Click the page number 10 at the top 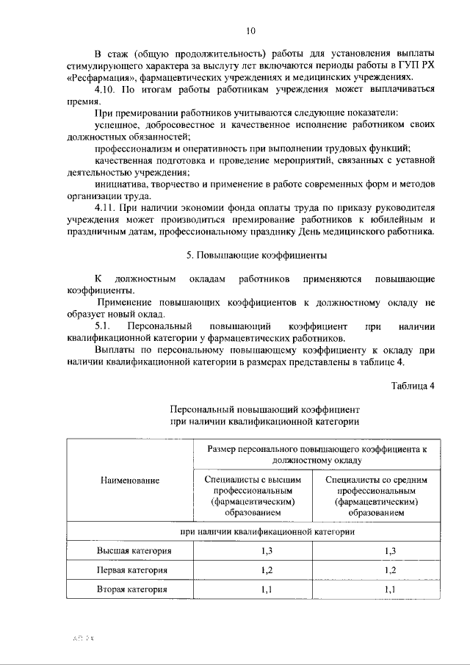pyautogui.click(x=251, y=31)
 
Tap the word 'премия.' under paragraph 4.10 pyautogui.click(x=82, y=102)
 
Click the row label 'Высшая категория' pyautogui.click(x=130, y=550)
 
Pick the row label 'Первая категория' pyautogui.click(x=130, y=570)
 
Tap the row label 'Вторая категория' pyautogui.click(x=130, y=589)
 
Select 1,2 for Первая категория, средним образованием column pyautogui.click(x=391, y=570)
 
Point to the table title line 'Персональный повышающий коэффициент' pyautogui.click(x=264, y=408)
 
